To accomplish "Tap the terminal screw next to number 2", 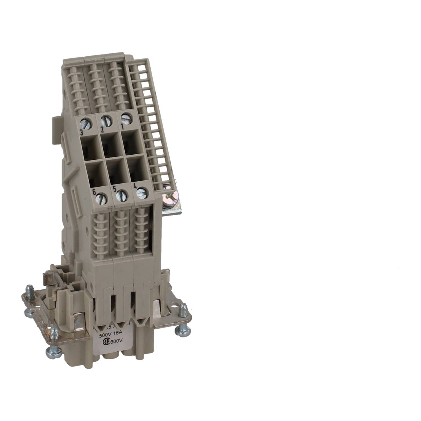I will [106, 121].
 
